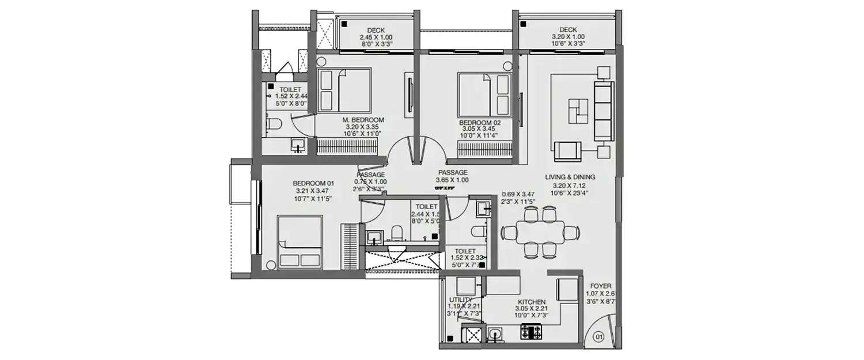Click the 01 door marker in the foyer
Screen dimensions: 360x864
pos(598,336)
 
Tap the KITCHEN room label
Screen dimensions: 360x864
pos(530,302)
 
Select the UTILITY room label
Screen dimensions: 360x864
pos(460,300)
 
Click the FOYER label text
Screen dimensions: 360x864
pos(601,286)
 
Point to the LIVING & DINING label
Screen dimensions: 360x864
pos(570,177)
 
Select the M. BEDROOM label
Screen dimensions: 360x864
pos(363,120)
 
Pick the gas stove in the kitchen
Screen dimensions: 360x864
pos(530,332)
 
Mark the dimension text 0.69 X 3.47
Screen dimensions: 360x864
pos(519,194)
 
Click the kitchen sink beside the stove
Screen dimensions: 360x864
pos(495,334)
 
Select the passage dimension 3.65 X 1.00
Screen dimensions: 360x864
pos(452,180)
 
